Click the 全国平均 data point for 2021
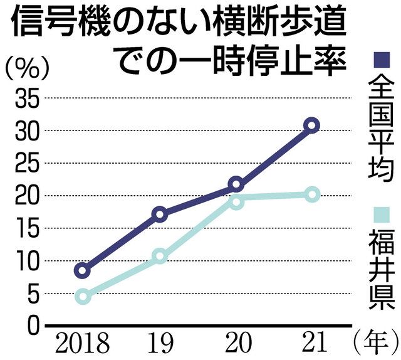pos(311,125)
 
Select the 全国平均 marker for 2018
pos(82,270)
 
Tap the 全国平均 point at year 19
pos(159,214)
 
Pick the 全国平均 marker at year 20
pos(236,184)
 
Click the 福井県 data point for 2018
pos(82,296)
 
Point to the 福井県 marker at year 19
pos(159,256)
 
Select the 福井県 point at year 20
pos(236,201)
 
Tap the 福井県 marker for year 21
pos(311,194)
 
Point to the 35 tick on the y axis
pos(25,98)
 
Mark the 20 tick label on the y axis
pos(25,196)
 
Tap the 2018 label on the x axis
pos(82,344)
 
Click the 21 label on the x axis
pos(311,344)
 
